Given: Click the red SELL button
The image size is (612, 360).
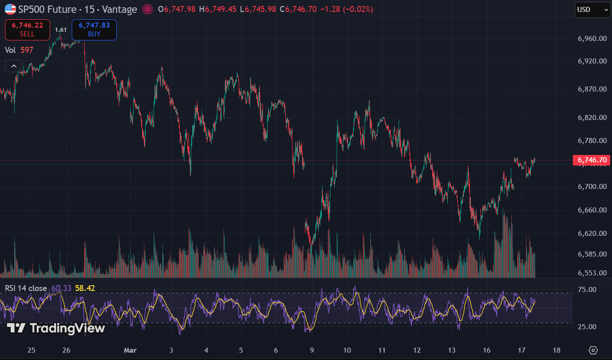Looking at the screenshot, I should coord(27,30).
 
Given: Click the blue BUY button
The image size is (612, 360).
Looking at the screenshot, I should coord(94,30).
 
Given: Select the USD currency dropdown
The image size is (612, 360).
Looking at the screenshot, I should coord(592,10).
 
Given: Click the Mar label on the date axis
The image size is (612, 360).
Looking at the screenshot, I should coord(131,350).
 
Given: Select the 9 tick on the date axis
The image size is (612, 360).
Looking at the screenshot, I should coord(312,350).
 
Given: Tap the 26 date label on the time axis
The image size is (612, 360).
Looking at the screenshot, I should coord(66,350).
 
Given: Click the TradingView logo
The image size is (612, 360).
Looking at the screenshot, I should coord(56,328).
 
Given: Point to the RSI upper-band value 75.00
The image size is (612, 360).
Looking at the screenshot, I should coord(587,290).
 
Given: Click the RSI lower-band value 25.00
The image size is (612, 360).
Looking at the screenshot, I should coord(587,327).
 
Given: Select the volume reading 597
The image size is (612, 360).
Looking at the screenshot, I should coord(27,50).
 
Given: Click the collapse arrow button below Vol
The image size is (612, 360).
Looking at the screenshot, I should coord(14,66).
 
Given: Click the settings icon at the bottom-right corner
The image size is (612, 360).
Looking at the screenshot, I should coord(593,350).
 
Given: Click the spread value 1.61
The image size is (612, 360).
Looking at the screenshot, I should coord(61,30).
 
